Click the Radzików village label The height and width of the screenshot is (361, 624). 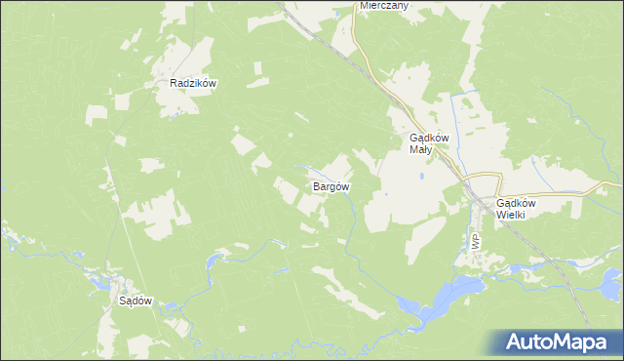pos(192,84)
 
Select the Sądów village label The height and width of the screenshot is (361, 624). pos(136,301)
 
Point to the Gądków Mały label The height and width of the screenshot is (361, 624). pos(428,143)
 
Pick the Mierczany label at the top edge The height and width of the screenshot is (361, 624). pos(383,5)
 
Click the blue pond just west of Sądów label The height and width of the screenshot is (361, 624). pos(100,283)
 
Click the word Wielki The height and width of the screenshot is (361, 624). pos(511,215)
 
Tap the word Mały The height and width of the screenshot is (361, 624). pos(420,150)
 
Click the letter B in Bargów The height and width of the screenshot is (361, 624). pos(315,185)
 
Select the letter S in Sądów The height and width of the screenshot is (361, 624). pos(122,301)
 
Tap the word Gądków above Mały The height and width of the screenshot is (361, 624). pos(428,138)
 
